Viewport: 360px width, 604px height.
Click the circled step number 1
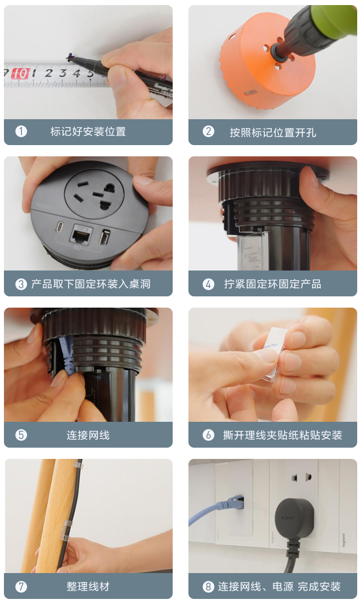click(21, 132)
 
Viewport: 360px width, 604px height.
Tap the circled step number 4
click(209, 284)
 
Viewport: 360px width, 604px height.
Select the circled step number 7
click(21, 587)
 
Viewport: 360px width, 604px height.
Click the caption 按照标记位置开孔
click(273, 132)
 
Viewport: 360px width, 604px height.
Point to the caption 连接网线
click(88, 435)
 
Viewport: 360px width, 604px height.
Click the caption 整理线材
click(88, 587)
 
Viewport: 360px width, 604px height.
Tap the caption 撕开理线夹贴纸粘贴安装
click(282, 435)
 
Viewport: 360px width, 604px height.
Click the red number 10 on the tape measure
click(20, 74)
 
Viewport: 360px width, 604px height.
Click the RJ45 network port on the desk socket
click(78, 233)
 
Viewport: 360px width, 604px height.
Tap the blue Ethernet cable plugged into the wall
click(214, 511)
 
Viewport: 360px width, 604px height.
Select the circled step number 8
click(209, 587)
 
